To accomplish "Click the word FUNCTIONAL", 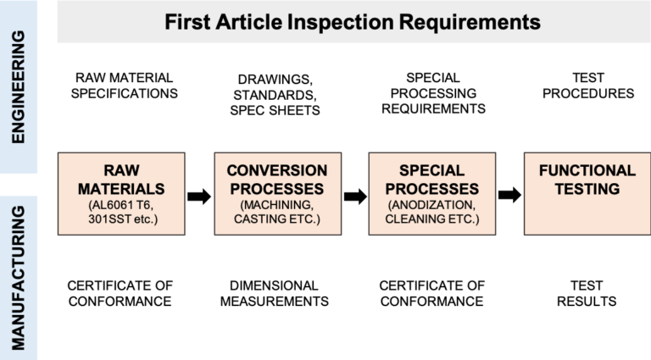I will [587, 170].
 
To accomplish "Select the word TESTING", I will [587, 187].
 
